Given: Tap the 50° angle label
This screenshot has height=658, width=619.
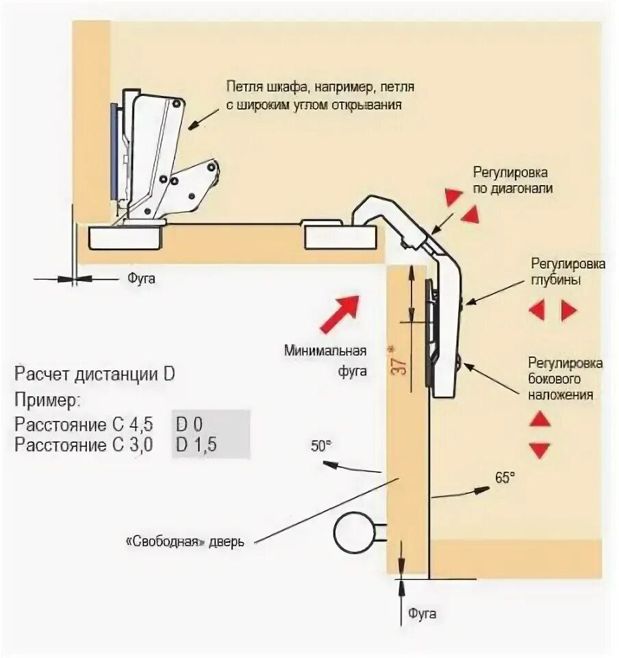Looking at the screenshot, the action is coord(320,445).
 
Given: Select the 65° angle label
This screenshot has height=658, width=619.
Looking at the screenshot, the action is coord(503,478).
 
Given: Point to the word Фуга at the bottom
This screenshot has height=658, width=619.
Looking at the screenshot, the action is coord(422,613).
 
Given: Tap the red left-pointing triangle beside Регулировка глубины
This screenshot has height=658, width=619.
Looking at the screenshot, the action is coord(536,310).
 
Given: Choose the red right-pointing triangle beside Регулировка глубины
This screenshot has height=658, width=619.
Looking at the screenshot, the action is coord(568,310).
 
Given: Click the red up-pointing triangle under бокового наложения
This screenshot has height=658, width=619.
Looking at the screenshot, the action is coord(540,419).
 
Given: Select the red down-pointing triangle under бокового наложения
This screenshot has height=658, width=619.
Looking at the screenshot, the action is coord(540,450).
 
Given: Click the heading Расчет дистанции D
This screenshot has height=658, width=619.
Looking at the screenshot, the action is coord(94,375).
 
